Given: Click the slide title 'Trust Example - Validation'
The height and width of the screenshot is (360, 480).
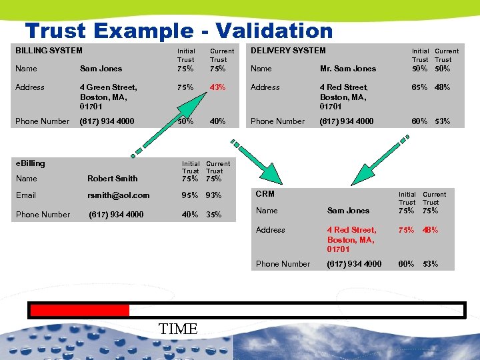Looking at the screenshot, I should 179,31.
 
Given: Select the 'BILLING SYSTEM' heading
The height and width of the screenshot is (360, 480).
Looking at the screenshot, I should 49,51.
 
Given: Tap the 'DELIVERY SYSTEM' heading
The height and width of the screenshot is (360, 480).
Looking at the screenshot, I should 288,51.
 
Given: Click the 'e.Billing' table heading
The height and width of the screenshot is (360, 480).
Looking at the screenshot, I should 30,163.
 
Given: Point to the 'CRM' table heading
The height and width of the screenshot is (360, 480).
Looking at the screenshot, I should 265,194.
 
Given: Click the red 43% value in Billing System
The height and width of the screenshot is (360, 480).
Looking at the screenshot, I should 217,87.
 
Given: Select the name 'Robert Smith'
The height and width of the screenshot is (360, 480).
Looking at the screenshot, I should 112,179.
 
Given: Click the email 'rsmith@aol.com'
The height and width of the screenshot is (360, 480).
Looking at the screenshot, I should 119,195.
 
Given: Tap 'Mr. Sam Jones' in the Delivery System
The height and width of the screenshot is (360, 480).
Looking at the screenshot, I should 348,69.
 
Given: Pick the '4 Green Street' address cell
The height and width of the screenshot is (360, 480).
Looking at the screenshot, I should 108,87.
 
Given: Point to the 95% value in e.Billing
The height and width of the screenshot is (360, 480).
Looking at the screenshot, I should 191,195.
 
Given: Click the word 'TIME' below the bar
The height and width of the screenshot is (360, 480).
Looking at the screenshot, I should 179,329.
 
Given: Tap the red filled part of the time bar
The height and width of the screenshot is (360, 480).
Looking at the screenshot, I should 80,310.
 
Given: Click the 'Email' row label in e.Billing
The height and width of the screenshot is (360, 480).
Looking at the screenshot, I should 26,195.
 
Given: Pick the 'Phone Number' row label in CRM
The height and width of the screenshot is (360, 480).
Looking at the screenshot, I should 283,264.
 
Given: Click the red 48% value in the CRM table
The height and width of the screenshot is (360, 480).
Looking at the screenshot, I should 431,230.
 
